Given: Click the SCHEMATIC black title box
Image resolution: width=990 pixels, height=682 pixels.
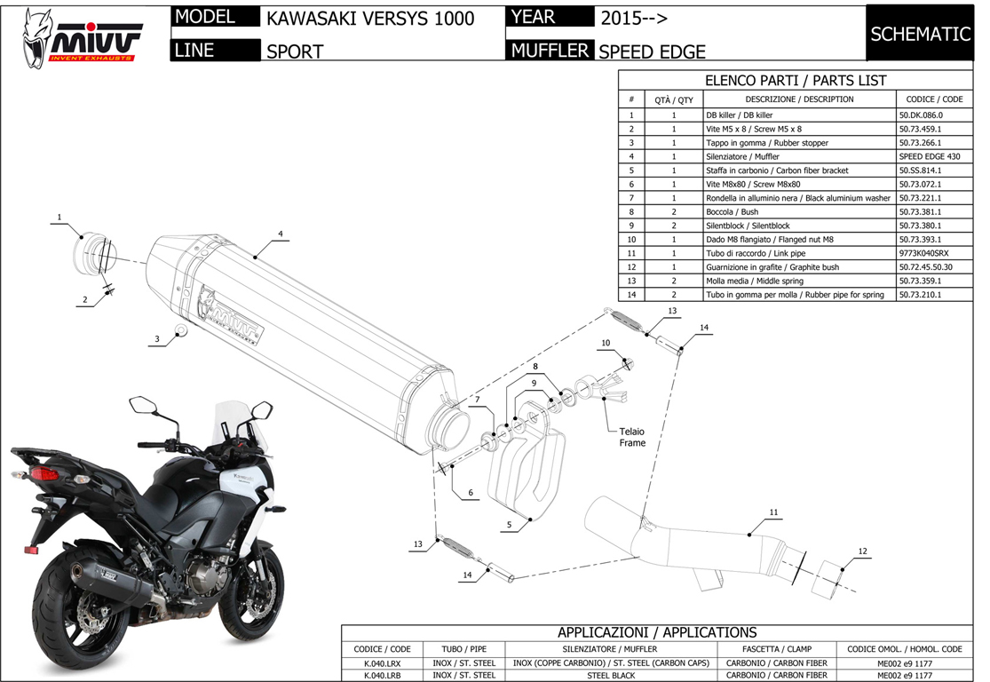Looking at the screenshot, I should coord(919,34).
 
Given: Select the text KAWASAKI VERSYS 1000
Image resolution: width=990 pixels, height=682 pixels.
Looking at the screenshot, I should coord(370,19).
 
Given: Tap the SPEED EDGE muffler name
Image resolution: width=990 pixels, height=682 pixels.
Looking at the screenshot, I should coord(653,52).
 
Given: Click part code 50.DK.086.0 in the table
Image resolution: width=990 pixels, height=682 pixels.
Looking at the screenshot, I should coord(921,115).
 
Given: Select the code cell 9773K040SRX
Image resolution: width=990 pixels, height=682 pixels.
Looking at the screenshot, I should coord(923,253).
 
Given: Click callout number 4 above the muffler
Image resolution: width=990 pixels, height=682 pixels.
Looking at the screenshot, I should coord(280,234).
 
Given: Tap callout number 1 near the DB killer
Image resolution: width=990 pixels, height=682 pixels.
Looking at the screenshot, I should coord(59,218).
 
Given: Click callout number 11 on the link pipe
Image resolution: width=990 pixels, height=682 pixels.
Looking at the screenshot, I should coord(773,513).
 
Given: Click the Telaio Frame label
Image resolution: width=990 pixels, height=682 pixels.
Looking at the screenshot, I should coord(632,437).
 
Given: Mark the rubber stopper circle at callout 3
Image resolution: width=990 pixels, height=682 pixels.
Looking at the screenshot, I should coord(181,332).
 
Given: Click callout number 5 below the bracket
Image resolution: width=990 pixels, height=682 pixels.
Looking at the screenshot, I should coord(509,525).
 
